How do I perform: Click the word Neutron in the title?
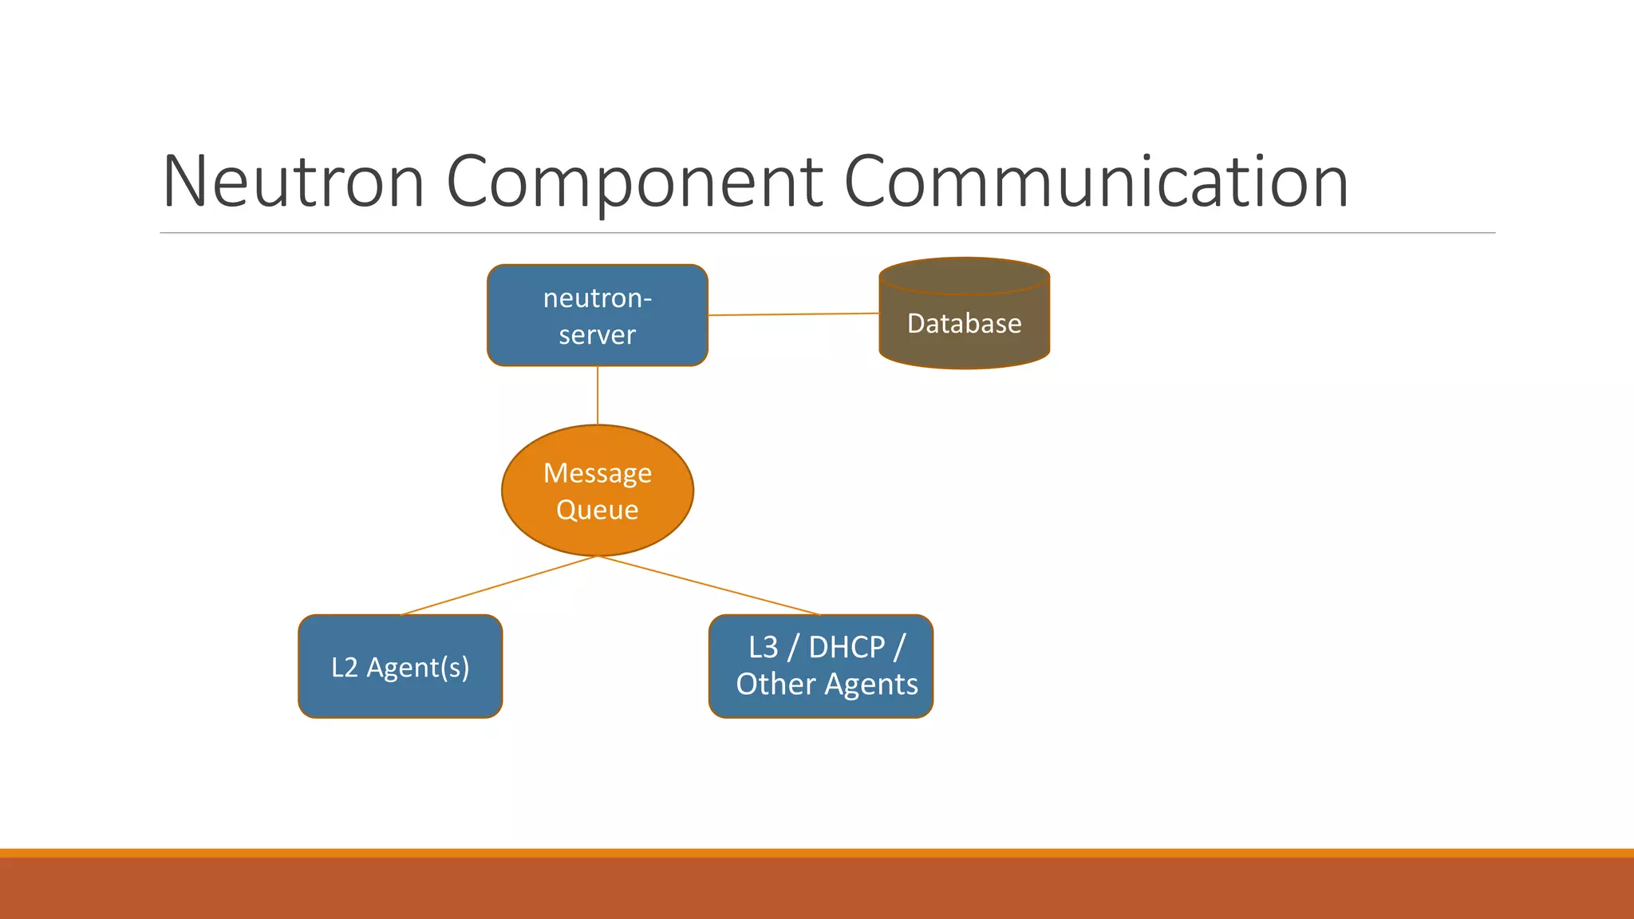293,182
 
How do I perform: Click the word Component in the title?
634,182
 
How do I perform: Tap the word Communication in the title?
1095,182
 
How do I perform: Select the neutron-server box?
597,316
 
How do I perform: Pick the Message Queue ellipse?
597,491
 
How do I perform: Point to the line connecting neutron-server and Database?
793,314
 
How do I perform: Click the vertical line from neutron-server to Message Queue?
598,396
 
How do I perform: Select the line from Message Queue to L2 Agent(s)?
498,586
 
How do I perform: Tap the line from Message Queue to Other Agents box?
708,586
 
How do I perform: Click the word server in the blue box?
597,335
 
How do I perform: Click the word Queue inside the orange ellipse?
597,510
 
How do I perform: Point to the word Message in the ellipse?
597,474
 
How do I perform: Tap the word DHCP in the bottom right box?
847,647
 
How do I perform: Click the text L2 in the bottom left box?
345,668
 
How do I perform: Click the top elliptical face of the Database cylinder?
964,276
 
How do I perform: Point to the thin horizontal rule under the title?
827,233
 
